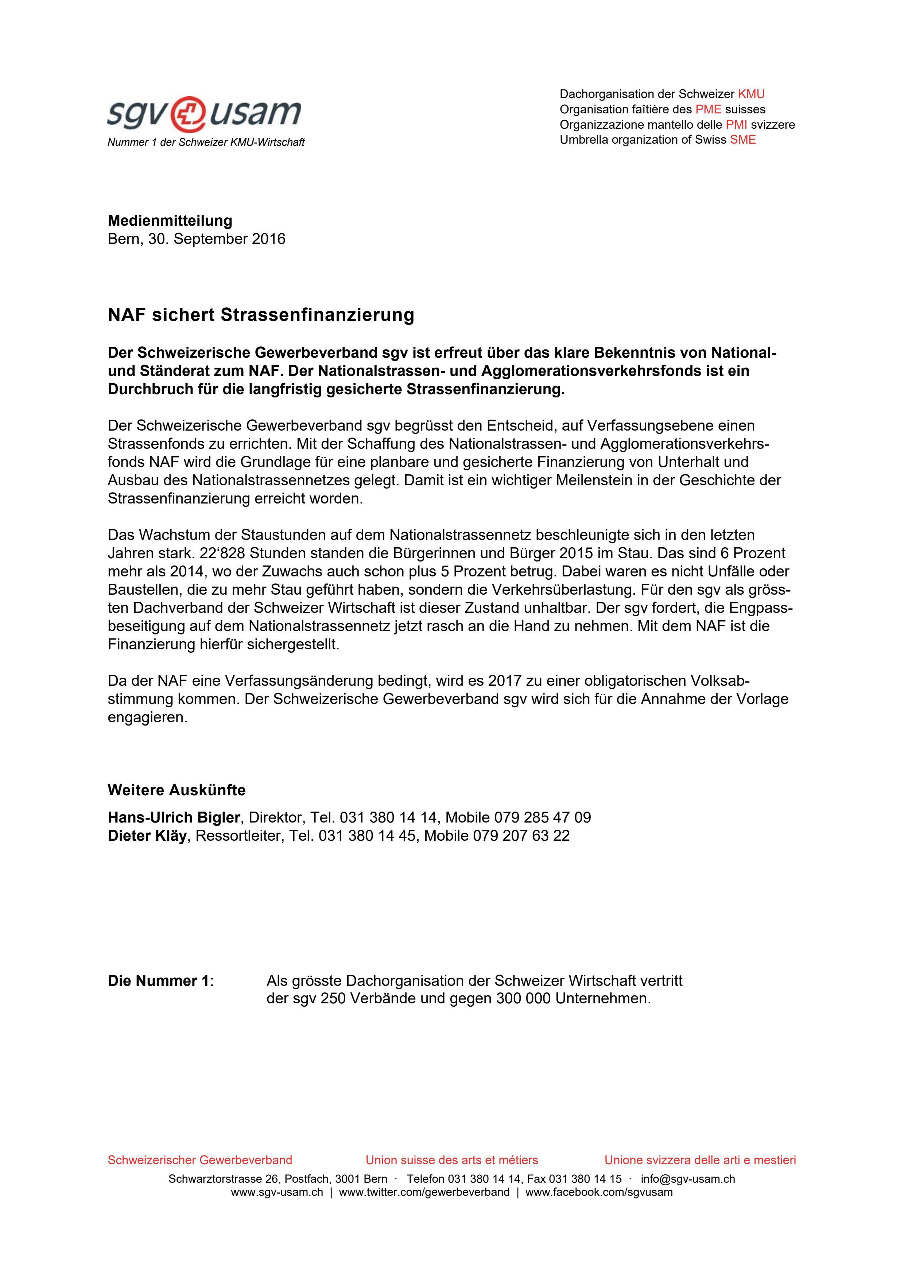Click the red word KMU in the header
pos(751,94)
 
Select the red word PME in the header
pos(708,109)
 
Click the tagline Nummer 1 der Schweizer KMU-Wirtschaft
pos(206,143)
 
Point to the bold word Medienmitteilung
pos(170,221)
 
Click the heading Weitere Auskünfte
pos(176,790)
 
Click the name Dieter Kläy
pos(147,836)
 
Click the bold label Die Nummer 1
pos(159,980)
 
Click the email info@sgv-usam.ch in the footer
pos(687,1179)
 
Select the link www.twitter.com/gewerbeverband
pos(424,1192)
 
